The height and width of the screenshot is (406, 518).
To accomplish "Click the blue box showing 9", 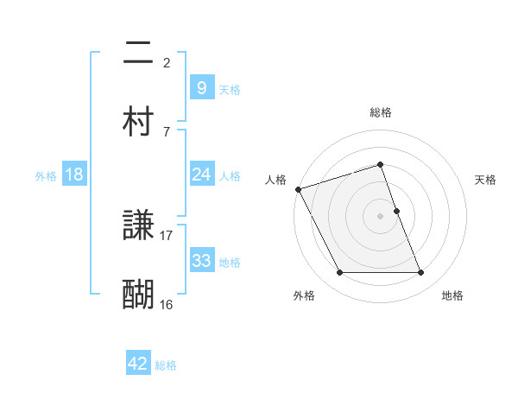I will [201, 87].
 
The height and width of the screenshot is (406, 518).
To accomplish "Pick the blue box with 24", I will [201, 175].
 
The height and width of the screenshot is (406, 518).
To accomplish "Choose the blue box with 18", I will [74, 175].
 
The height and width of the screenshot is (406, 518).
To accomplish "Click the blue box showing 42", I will [138, 365].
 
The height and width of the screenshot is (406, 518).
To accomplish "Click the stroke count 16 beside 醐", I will [167, 304].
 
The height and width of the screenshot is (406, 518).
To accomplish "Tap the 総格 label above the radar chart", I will [381, 112].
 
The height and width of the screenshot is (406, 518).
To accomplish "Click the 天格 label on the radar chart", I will [485, 180].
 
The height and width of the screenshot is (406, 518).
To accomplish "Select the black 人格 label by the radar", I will [275, 180].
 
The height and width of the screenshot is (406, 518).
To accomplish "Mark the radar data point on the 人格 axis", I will [298, 189].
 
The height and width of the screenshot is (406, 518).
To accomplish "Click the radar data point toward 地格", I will [421, 273].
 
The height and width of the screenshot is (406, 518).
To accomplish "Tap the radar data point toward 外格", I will [339, 273].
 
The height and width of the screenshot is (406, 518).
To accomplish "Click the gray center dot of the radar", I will [381, 216].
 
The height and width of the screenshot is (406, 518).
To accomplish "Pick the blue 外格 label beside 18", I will [46, 176].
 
